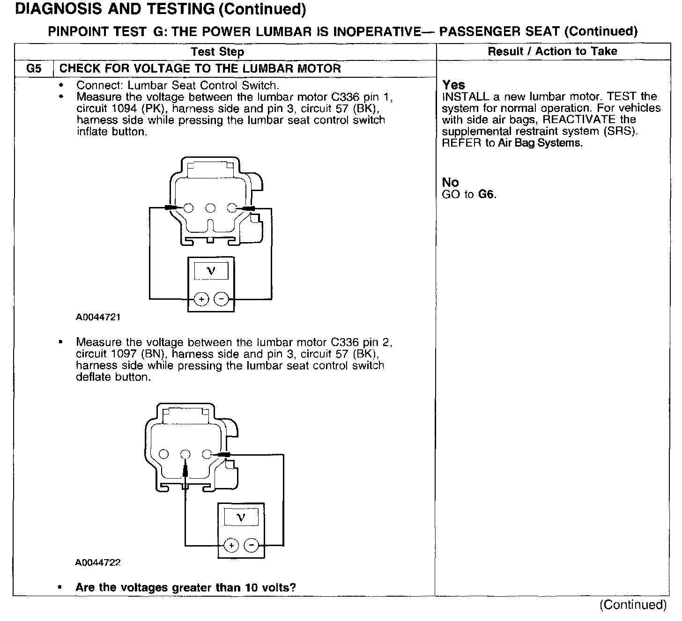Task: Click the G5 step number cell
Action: (x=34, y=68)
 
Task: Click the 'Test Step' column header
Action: (x=217, y=52)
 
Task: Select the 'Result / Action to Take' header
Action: (x=552, y=51)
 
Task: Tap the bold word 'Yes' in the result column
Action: (x=453, y=85)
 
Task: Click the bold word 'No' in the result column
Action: (x=450, y=182)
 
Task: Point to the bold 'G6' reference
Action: (x=487, y=194)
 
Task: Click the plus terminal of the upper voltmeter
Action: (x=201, y=299)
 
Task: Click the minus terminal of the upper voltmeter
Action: (x=221, y=299)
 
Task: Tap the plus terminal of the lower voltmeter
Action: (x=231, y=545)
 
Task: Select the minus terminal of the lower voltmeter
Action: (x=252, y=545)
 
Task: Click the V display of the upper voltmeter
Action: (x=211, y=271)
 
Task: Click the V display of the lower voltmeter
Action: (x=241, y=517)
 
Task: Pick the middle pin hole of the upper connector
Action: (x=210, y=207)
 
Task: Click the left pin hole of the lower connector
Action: (x=164, y=454)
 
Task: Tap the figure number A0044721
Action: (x=98, y=317)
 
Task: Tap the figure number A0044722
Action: (x=98, y=562)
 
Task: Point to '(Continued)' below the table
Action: (x=633, y=605)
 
